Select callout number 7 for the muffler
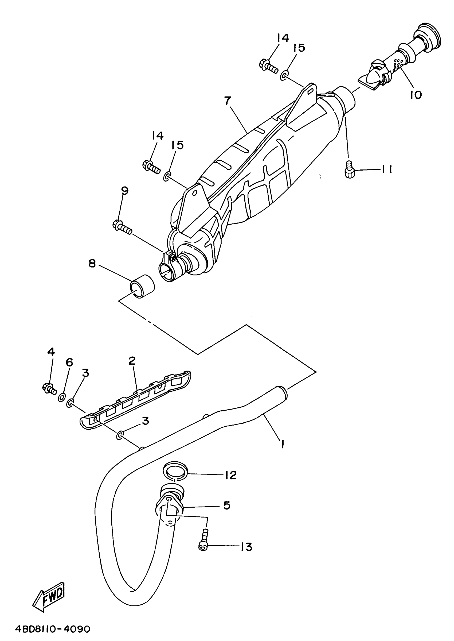click(228, 101)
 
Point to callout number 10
click(416, 95)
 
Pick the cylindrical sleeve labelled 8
click(143, 286)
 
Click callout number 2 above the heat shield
click(132, 361)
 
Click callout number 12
click(231, 475)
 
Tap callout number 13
click(246, 546)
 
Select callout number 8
click(92, 263)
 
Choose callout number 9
click(125, 191)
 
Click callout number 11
click(387, 169)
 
